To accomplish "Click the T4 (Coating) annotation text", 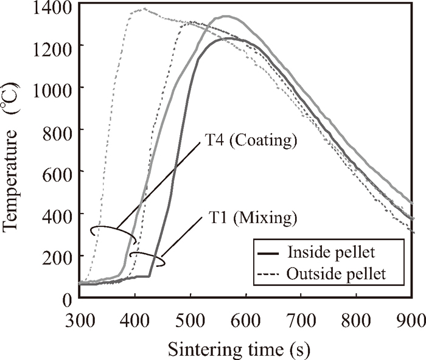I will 248,142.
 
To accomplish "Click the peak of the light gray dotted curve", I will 144,9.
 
